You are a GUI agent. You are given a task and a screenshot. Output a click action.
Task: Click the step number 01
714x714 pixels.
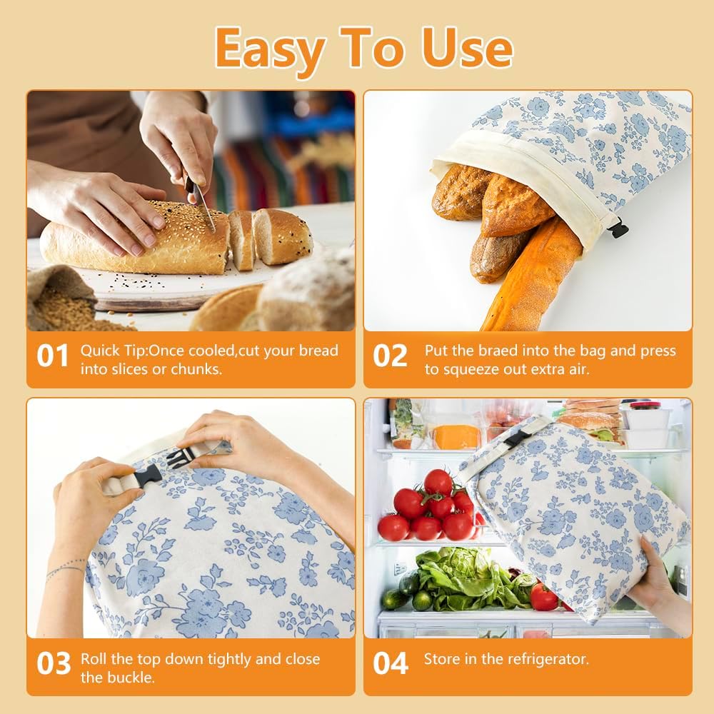coord(52,356)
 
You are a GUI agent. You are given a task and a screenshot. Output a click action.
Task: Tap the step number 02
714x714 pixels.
coord(390,356)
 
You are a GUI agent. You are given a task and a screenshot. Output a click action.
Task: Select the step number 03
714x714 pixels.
coord(54,663)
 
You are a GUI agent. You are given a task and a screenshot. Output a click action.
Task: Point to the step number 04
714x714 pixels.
coord(391,663)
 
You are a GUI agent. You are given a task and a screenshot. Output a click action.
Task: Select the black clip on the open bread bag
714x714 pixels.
coord(618,229)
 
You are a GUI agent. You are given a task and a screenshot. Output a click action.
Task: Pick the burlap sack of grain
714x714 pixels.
coord(61,300)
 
